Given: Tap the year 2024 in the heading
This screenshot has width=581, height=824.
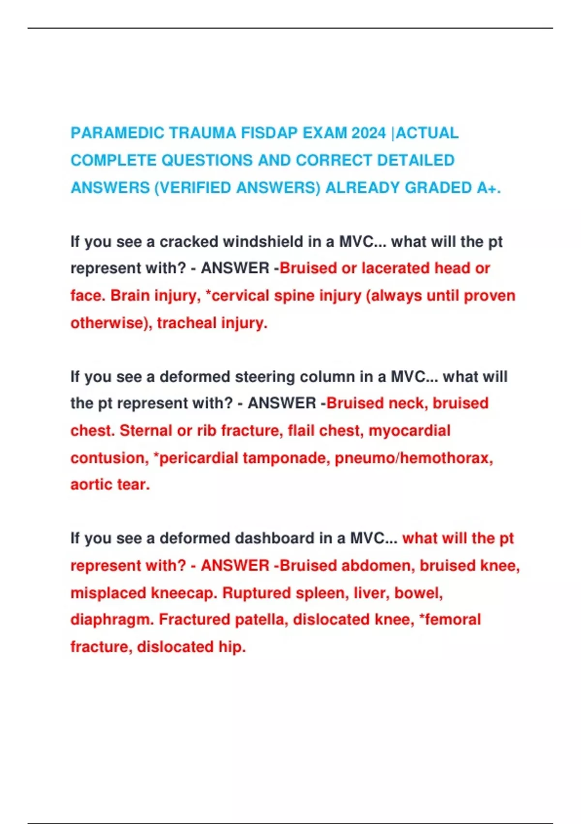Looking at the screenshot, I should coord(369,133).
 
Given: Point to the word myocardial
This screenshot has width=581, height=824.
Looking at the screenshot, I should coord(410,430).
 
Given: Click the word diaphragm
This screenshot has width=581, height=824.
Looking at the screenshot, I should coord(111,619).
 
